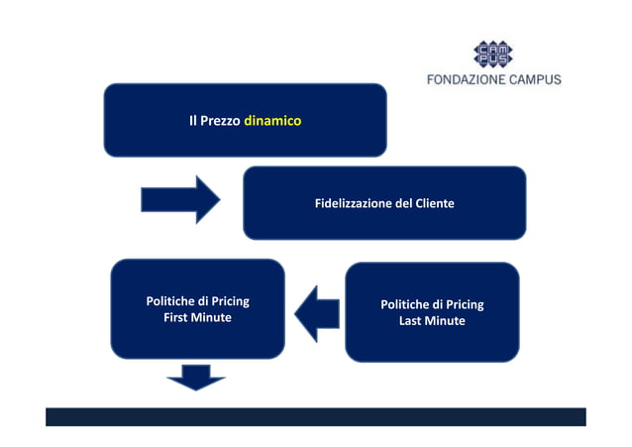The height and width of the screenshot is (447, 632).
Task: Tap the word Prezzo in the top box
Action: (219, 121)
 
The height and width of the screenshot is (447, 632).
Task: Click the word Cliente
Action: (434, 203)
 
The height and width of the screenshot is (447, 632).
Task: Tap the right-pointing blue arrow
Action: (179, 199)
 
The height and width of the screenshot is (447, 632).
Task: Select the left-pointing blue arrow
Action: (316, 312)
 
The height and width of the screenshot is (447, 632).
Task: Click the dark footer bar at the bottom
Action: (315, 416)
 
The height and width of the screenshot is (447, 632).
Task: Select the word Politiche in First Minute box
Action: (169, 301)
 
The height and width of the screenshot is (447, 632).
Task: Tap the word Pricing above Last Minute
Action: (464, 304)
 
